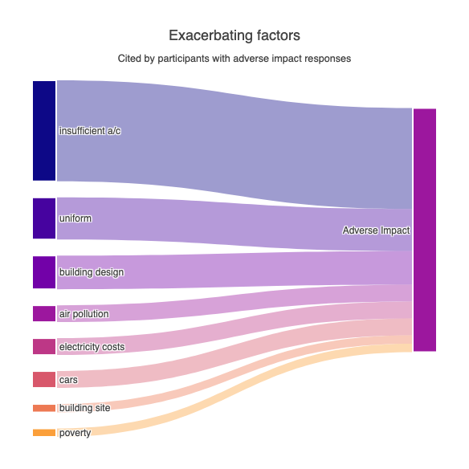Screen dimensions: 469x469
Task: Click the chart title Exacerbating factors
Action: click(x=234, y=36)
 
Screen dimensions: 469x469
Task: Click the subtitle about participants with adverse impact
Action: click(x=234, y=59)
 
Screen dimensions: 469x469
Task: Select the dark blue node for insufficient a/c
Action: click(x=44, y=130)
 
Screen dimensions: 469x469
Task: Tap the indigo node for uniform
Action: click(x=44, y=218)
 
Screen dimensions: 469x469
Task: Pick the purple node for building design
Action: click(x=44, y=272)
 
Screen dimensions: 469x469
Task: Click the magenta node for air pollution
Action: click(x=44, y=313)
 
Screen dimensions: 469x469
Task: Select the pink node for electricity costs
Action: click(x=44, y=346)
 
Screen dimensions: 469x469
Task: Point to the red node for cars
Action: click(x=44, y=379)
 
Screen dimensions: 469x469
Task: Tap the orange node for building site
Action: click(x=44, y=408)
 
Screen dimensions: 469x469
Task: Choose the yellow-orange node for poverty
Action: click(x=44, y=433)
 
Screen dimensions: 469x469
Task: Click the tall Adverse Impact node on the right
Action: click(x=425, y=230)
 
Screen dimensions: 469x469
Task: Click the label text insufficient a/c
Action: click(x=90, y=131)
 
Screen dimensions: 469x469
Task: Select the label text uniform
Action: click(x=75, y=218)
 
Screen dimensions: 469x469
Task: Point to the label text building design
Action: click(x=92, y=272)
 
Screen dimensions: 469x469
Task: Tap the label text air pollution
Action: click(x=84, y=314)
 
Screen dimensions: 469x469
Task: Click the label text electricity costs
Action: click(x=92, y=347)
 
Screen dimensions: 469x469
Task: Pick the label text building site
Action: click(x=84, y=408)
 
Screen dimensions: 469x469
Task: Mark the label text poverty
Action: click(x=75, y=433)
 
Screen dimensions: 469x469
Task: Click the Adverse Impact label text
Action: click(x=376, y=230)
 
